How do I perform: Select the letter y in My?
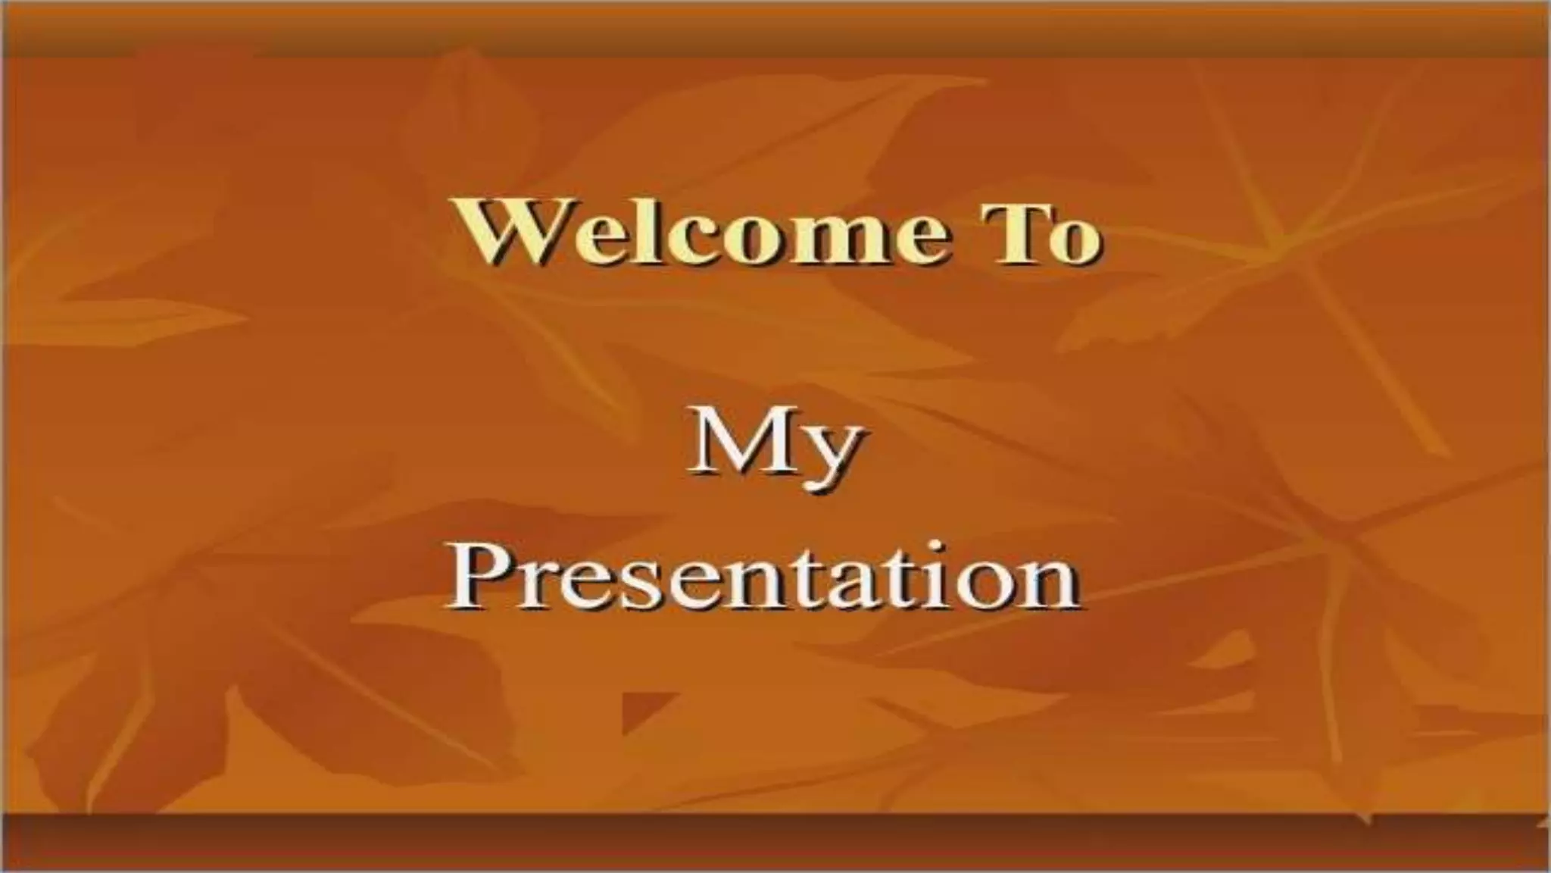(x=832, y=455)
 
